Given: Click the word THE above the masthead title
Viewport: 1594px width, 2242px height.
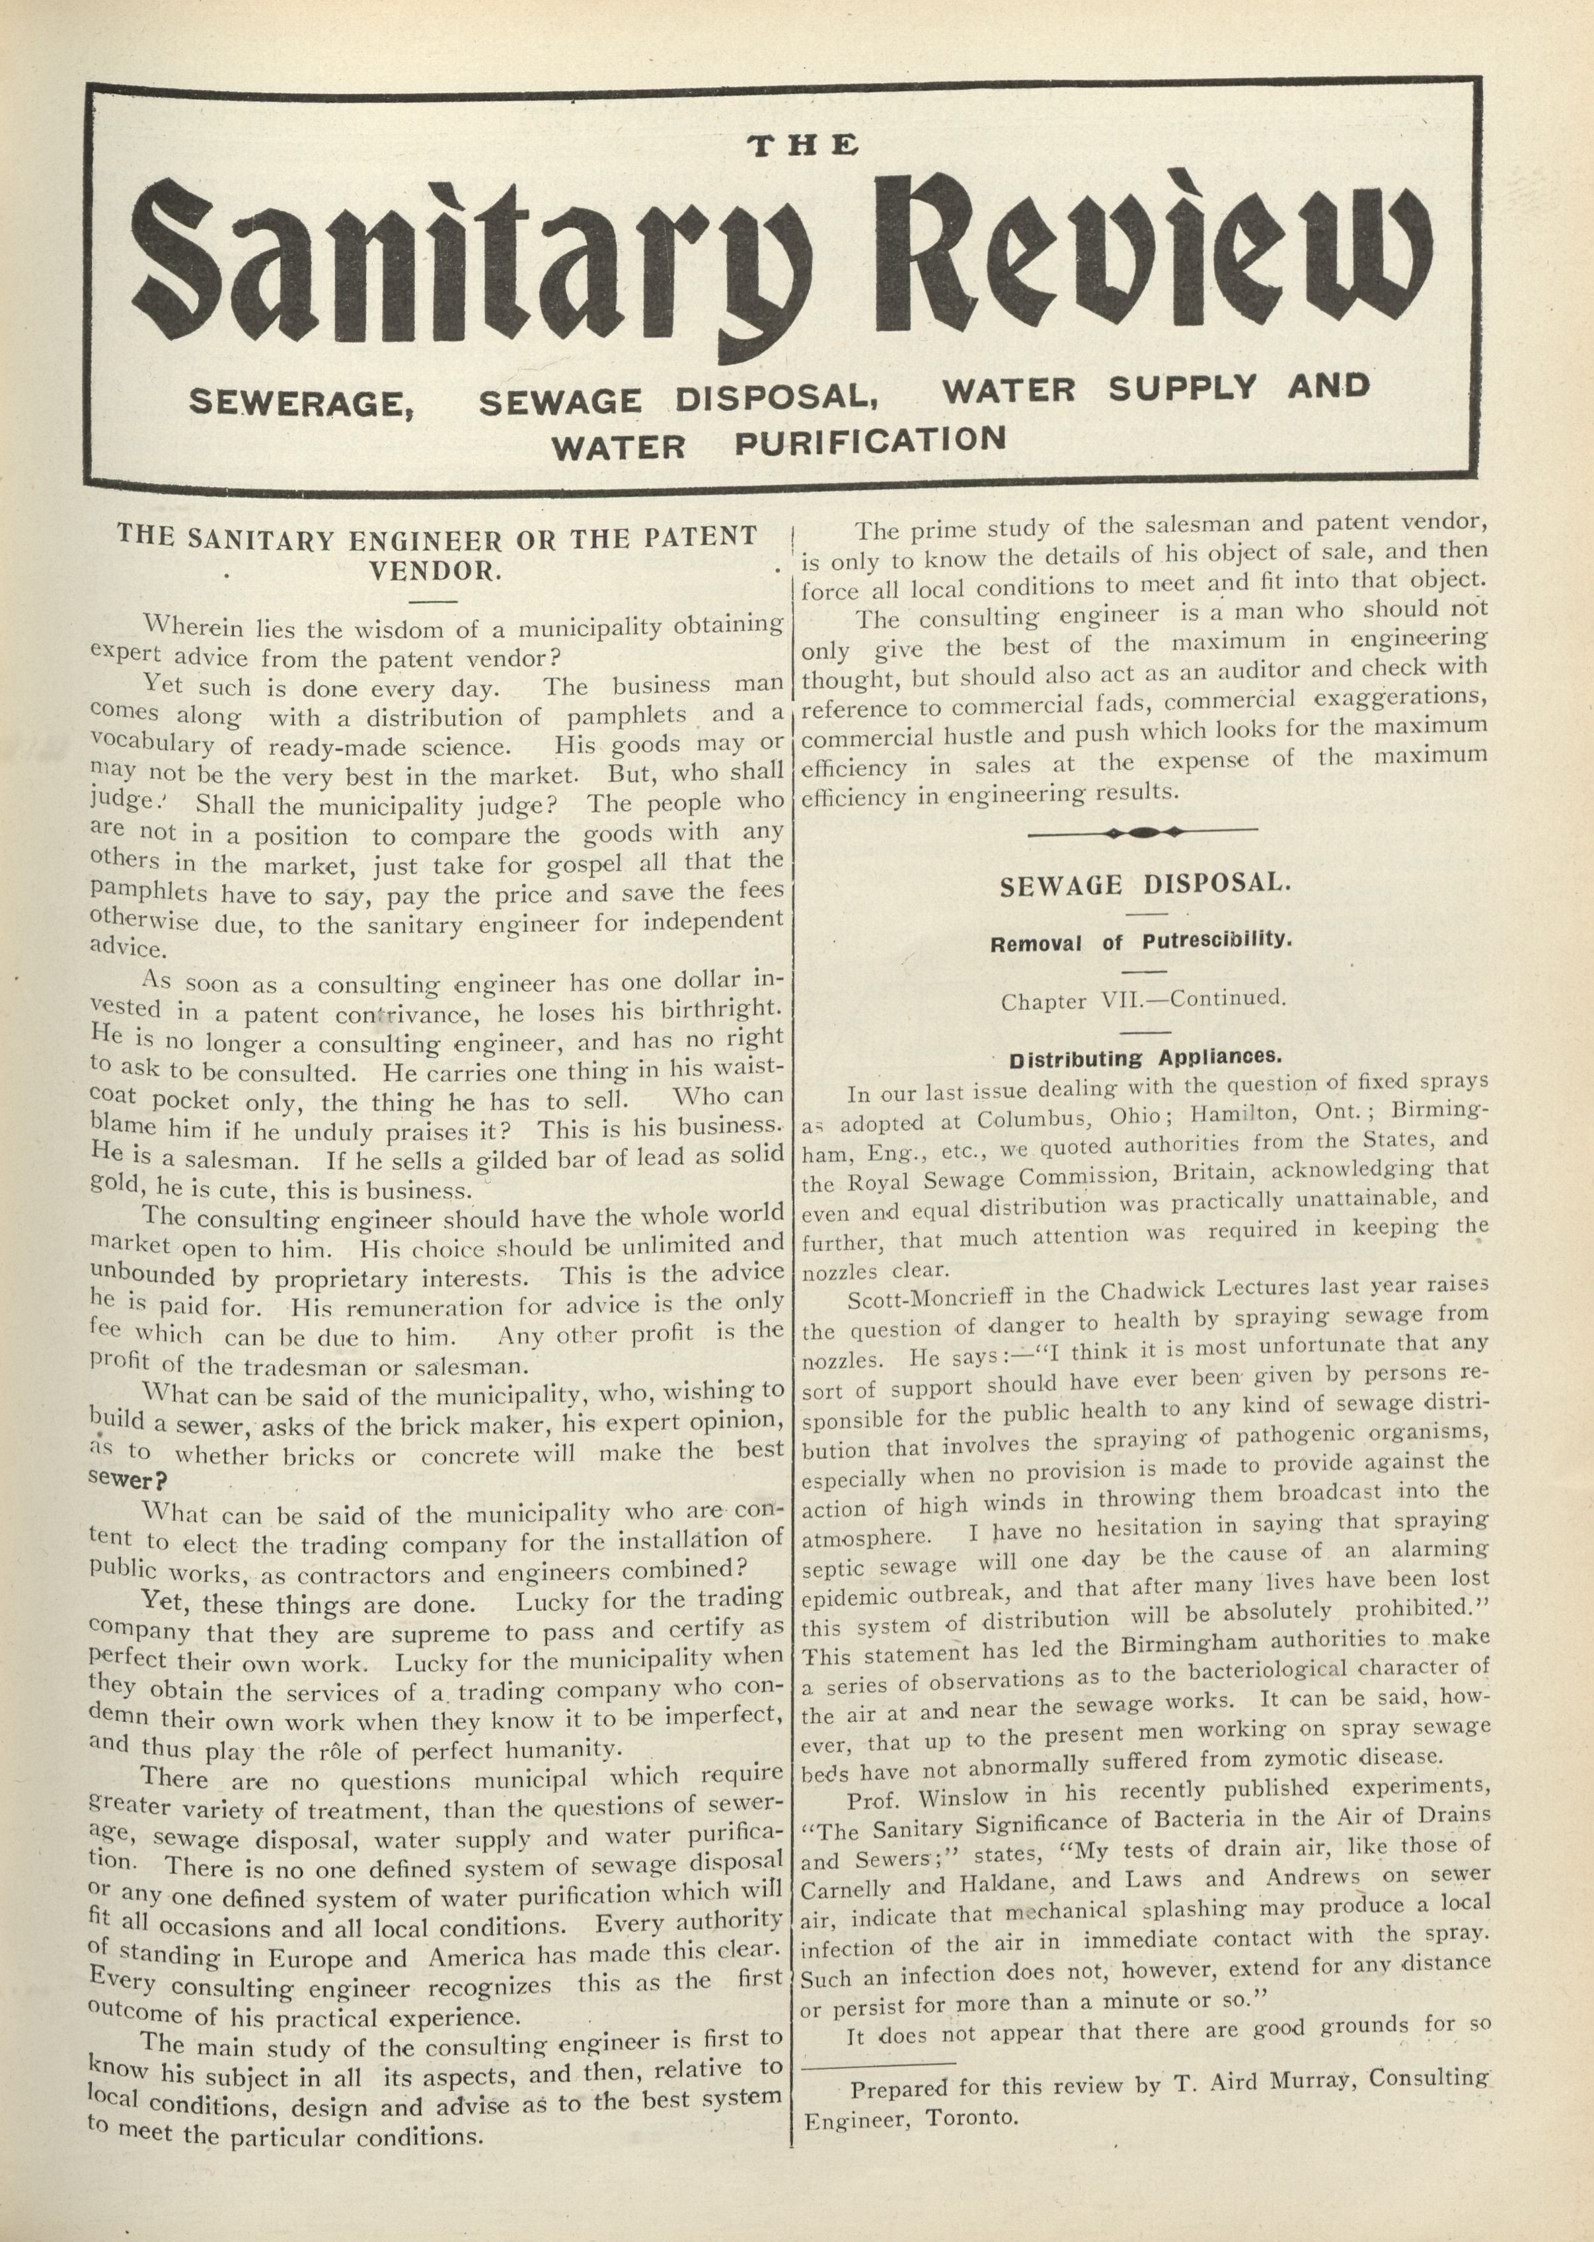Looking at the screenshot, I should tap(803, 145).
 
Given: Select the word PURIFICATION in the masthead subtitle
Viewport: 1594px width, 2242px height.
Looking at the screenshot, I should tap(870, 441).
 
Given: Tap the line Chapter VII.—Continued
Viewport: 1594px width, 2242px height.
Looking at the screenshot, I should tap(1143, 1001).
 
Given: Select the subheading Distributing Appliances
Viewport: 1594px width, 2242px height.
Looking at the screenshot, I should tap(1145, 1058).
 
